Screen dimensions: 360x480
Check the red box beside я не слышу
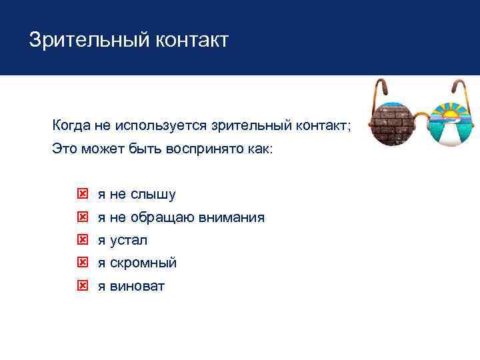click(83, 195)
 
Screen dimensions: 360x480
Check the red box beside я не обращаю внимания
click(83, 217)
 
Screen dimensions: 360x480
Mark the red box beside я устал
click(83, 240)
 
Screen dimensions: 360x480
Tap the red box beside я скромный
click(83, 263)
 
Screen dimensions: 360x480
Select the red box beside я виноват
click(83, 286)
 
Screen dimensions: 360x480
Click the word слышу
click(153, 195)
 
